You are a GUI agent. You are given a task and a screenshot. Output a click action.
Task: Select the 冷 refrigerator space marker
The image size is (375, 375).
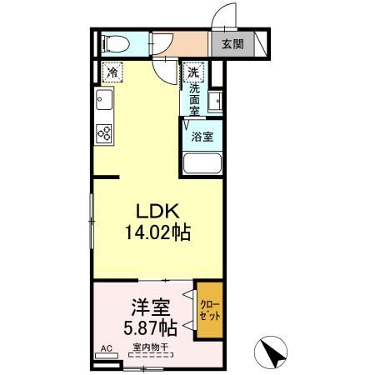[112, 73]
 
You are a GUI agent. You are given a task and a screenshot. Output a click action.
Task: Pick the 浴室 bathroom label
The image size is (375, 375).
[202, 136]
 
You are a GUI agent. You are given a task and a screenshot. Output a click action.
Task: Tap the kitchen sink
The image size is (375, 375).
[104, 103]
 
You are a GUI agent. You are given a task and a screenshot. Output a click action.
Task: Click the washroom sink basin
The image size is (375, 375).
[216, 102]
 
